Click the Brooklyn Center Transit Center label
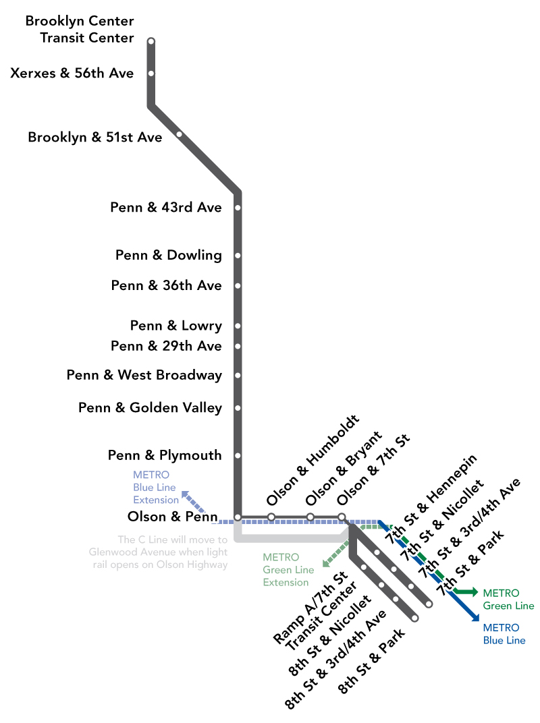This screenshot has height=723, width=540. coord(80,30)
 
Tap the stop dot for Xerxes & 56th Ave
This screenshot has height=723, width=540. coord(151,74)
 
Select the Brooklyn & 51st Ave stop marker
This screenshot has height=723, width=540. coord(179,134)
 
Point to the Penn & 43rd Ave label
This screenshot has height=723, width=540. coord(166,208)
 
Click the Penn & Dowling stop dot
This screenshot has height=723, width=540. coord(238,256)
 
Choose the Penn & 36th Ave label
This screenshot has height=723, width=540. coord(166,286)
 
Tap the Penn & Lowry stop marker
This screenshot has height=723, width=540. coord(238,326)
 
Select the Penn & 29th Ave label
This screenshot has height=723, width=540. coord(166,346)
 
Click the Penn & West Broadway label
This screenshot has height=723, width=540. coord(144,375)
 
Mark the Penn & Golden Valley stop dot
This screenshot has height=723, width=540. coord(238,408)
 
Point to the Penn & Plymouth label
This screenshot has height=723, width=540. coord(165,456)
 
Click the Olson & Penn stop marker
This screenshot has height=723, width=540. coord(238,517)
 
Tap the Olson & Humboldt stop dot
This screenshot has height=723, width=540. coord(271,517)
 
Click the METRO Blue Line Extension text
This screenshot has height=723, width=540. coord(155,488)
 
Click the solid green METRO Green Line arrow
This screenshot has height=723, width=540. coord(466,592)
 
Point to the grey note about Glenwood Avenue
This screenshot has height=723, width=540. coord(159,552)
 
